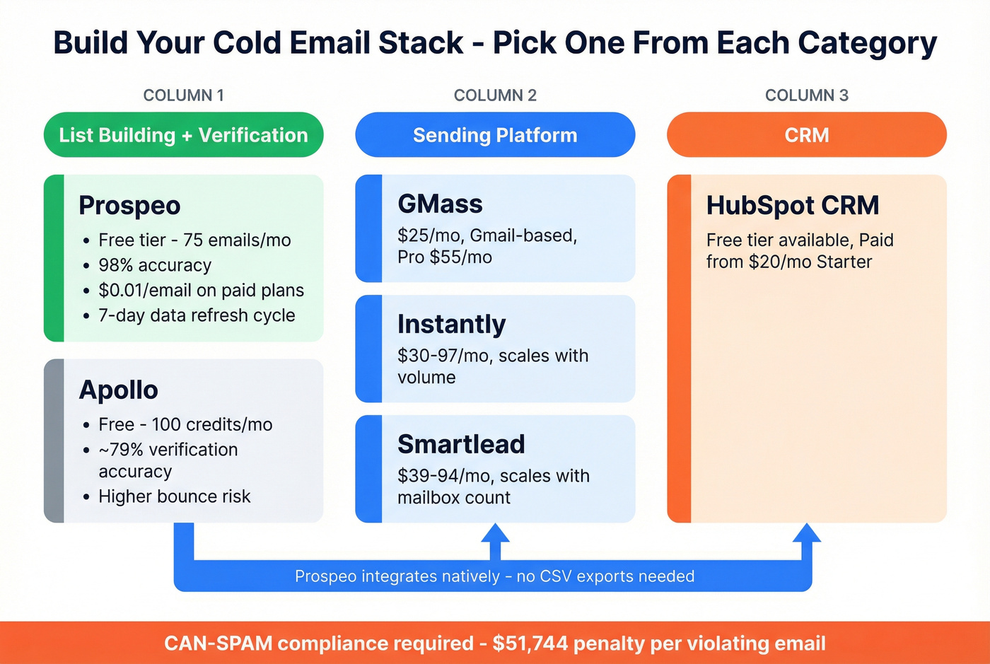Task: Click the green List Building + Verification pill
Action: tap(183, 135)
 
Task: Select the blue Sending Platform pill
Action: tap(495, 135)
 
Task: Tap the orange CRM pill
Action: tap(806, 135)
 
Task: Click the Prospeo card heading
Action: tap(129, 206)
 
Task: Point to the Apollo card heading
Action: tap(118, 390)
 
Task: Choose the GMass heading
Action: tap(440, 204)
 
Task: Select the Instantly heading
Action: tap(451, 325)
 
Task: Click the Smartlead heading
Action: tap(461, 445)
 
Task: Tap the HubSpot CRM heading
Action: tap(792, 206)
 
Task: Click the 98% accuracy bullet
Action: tap(155, 265)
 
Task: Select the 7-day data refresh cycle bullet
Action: tap(197, 315)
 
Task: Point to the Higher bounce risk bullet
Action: tap(174, 496)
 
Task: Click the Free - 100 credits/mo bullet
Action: tap(185, 424)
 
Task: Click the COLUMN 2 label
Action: tap(495, 95)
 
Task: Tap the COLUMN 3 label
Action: tap(806, 95)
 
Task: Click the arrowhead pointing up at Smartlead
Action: tap(495, 534)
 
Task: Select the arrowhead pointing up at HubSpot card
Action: tap(806, 534)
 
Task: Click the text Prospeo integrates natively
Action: tap(397, 576)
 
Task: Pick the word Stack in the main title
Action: tap(421, 43)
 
